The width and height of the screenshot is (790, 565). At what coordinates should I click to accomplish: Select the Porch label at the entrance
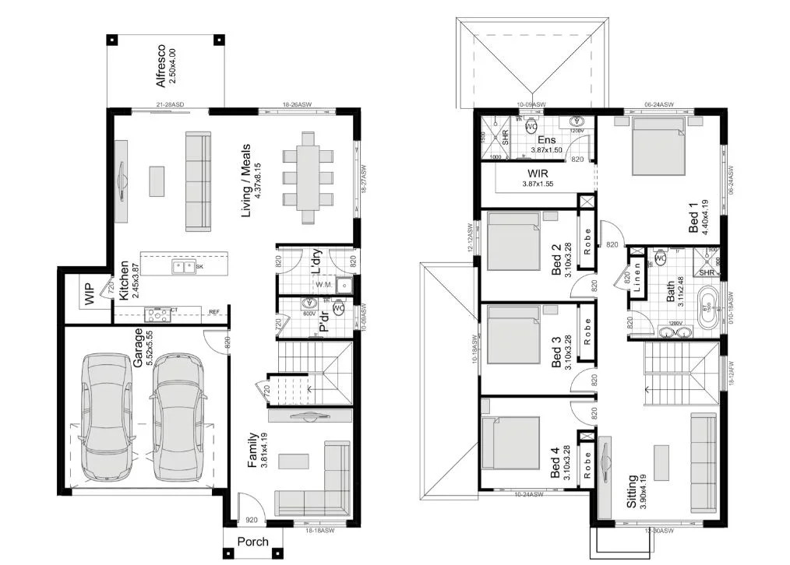pyautogui.click(x=252, y=542)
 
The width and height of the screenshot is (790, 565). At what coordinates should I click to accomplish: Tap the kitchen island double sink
pyautogui.click(x=183, y=267)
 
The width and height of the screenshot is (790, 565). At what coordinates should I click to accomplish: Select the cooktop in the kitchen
pyautogui.click(x=158, y=314)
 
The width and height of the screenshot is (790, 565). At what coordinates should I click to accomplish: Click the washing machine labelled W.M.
pyautogui.click(x=324, y=285)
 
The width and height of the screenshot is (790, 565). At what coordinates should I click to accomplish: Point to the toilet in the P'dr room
pyautogui.click(x=338, y=308)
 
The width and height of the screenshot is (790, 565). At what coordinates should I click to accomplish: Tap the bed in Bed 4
pyautogui.click(x=512, y=444)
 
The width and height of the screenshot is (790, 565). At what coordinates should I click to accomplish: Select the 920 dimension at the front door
pyautogui.click(x=251, y=519)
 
